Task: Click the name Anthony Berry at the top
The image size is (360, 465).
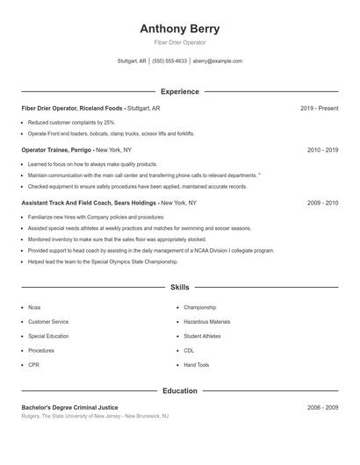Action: pyautogui.click(x=179, y=29)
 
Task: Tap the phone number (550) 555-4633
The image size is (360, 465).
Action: pyautogui.click(x=169, y=61)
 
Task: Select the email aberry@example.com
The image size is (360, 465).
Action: pyautogui.click(x=218, y=61)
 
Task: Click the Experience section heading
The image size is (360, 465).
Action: pyautogui.click(x=179, y=91)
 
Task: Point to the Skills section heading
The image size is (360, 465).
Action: pyautogui.click(x=179, y=287)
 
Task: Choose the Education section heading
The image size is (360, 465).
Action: pyautogui.click(x=179, y=390)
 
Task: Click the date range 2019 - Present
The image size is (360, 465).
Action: pyautogui.click(x=319, y=108)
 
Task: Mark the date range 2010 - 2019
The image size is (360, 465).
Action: pyautogui.click(x=322, y=150)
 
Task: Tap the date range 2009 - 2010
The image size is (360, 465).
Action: pyautogui.click(x=322, y=203)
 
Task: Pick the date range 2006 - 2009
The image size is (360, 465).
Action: pyautogui.click(x=322, y=407)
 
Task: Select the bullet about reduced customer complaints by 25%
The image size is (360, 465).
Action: pyautogui.click(x=71, y=123)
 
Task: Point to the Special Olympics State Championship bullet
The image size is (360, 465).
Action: pyautogui.click(x=102, y=261)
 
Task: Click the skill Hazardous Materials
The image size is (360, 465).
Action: pyautogui.click(x=207, y=322)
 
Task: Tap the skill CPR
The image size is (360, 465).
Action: pyautogui.click(x=33, y=364)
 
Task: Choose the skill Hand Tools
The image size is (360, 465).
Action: pyautogui.click(x=197, y=364)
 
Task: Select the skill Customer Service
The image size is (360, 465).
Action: pyautogui.click(x=48, y=322)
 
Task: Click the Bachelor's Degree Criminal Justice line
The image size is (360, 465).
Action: pyautogui.click(x=69, y=407)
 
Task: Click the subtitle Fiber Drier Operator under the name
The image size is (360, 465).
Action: pyautogui.click(x=179, y=43)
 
